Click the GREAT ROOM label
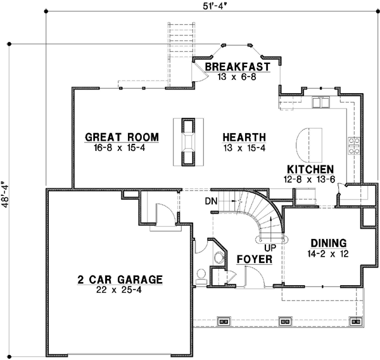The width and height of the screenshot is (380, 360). pyautogui.click(x=122, y=138)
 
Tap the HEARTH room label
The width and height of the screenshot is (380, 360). pyautogui.click(x=244, y=138)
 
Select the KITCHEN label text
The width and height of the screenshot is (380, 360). pyautogui.click(x=310, y=170)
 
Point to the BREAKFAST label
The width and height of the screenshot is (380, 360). pyautogui.click(x=237, y=67)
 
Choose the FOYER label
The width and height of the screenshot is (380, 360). pyautogui.click(x=254, y=260)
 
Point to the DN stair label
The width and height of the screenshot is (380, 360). pyautogui.click(x=212, y=201)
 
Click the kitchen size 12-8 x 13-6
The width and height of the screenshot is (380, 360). pyautogui.click(x=310, y=180)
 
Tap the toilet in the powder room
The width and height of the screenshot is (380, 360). pyautogui.click(x=201, y=274)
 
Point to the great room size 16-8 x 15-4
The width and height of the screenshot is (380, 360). pyautogui.click(x=122, y=148)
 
